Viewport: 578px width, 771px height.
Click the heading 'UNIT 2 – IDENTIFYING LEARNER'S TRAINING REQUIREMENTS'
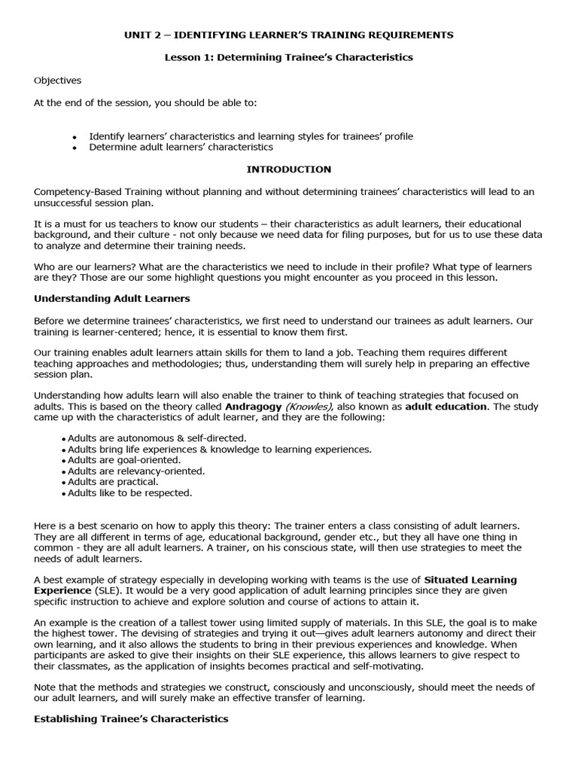[x=288, y=35]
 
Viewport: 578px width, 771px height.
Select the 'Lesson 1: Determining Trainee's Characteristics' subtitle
[x=288, y=57]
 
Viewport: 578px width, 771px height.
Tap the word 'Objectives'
[x=58, y=81]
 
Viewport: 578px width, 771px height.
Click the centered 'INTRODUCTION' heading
[x=288, y=169]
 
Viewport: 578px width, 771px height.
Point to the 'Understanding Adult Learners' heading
[x=112, y=298]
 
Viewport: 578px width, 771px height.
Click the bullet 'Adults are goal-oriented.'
[x=124, y=459]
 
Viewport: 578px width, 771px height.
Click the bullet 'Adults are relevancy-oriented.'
[x=136, y=471]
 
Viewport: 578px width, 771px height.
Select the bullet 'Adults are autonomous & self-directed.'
[x=157, y=437]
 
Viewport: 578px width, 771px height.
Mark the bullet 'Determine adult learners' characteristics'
[x=181, y=148]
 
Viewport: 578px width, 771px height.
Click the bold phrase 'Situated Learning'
[x=470, y=580]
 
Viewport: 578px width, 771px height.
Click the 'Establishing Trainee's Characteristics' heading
[x=131, y=719]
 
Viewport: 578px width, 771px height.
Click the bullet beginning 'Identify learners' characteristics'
[x=251, y=136]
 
